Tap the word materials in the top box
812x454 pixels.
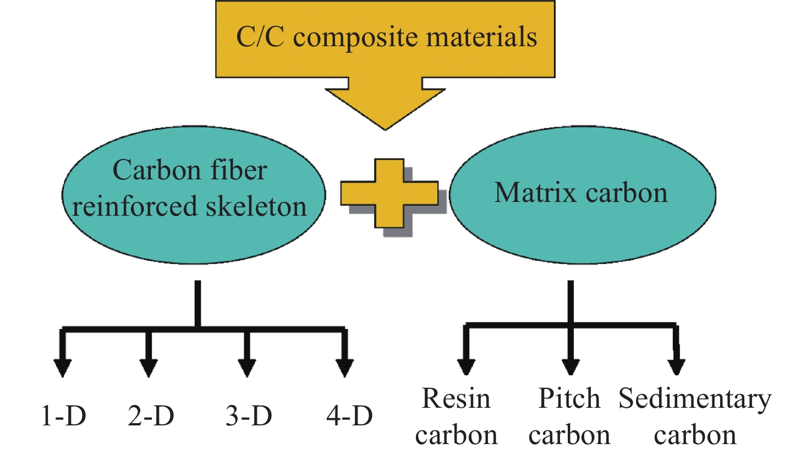[481, 37]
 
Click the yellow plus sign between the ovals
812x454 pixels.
[389, 193]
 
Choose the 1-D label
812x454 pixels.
[64, 416]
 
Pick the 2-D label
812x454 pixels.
[151, 416]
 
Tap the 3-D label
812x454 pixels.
[249, 416]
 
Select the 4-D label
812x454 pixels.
[349, 416]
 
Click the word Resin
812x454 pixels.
[456, 398]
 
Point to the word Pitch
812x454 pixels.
[569, 398]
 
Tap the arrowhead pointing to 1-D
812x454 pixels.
[63, 367]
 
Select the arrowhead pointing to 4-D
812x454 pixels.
[345, 367]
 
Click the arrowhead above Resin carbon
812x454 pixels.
[466, 366]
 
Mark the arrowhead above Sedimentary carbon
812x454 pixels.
[676, 366]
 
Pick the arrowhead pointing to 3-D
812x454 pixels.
[247, 367]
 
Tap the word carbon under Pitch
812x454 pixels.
[569, 435]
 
